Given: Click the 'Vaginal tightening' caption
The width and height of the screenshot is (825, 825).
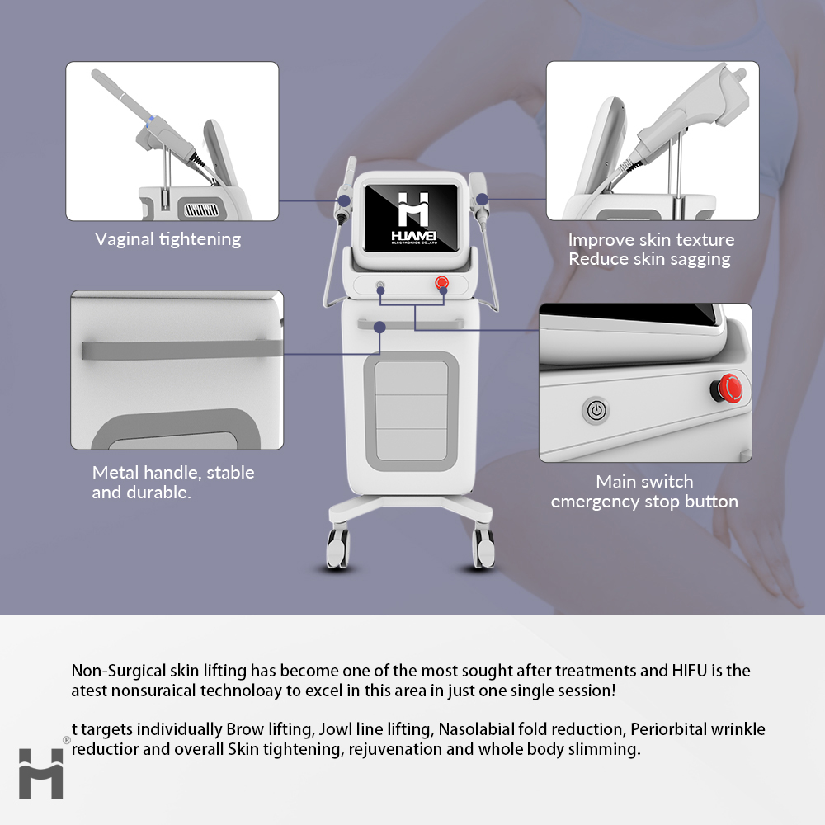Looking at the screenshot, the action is click(x=167, y=239).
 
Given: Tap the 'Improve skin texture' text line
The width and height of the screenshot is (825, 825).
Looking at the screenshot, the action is click(x=651, y=240).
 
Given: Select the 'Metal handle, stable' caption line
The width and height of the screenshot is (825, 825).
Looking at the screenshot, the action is click(x=173, y=473).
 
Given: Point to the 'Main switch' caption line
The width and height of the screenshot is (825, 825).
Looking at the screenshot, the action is click(x=644, y=482).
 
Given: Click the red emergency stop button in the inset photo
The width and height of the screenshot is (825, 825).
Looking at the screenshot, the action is click(x=728, y=389).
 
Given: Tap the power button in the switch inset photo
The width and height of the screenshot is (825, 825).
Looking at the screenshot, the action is click(x=596, y=410).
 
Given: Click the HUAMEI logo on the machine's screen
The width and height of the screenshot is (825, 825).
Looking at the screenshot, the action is click(x=413, y=218).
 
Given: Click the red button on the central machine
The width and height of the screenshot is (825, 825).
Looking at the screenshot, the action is click(x=442, y=283).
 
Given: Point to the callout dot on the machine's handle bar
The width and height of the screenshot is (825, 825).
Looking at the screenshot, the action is click(x=379, y=328).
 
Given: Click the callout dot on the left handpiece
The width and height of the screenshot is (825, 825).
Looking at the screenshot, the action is click(x=344, y=200).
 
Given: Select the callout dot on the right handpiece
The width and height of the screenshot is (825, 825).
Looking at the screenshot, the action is click(x=482, y=199).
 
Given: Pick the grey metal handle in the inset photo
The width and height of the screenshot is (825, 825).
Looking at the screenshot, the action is click(x=182, y=349).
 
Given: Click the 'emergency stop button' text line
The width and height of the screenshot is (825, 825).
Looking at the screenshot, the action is click(x=644, y=502).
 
